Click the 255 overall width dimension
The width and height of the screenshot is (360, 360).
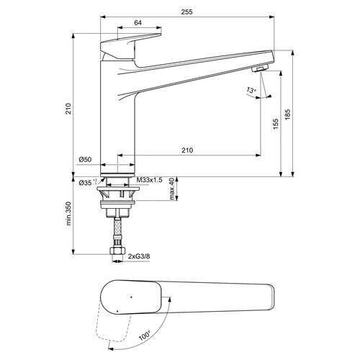187,12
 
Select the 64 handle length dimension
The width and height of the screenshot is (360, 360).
138,23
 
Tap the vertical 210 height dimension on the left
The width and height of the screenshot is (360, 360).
69,109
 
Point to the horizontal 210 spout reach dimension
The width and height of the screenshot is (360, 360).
187,150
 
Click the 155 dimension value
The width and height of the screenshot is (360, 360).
276,124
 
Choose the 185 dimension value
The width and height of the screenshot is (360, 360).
288,114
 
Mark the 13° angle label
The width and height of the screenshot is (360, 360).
251,91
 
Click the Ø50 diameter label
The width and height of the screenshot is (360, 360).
85,160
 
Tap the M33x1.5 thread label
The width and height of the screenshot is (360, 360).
150,180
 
